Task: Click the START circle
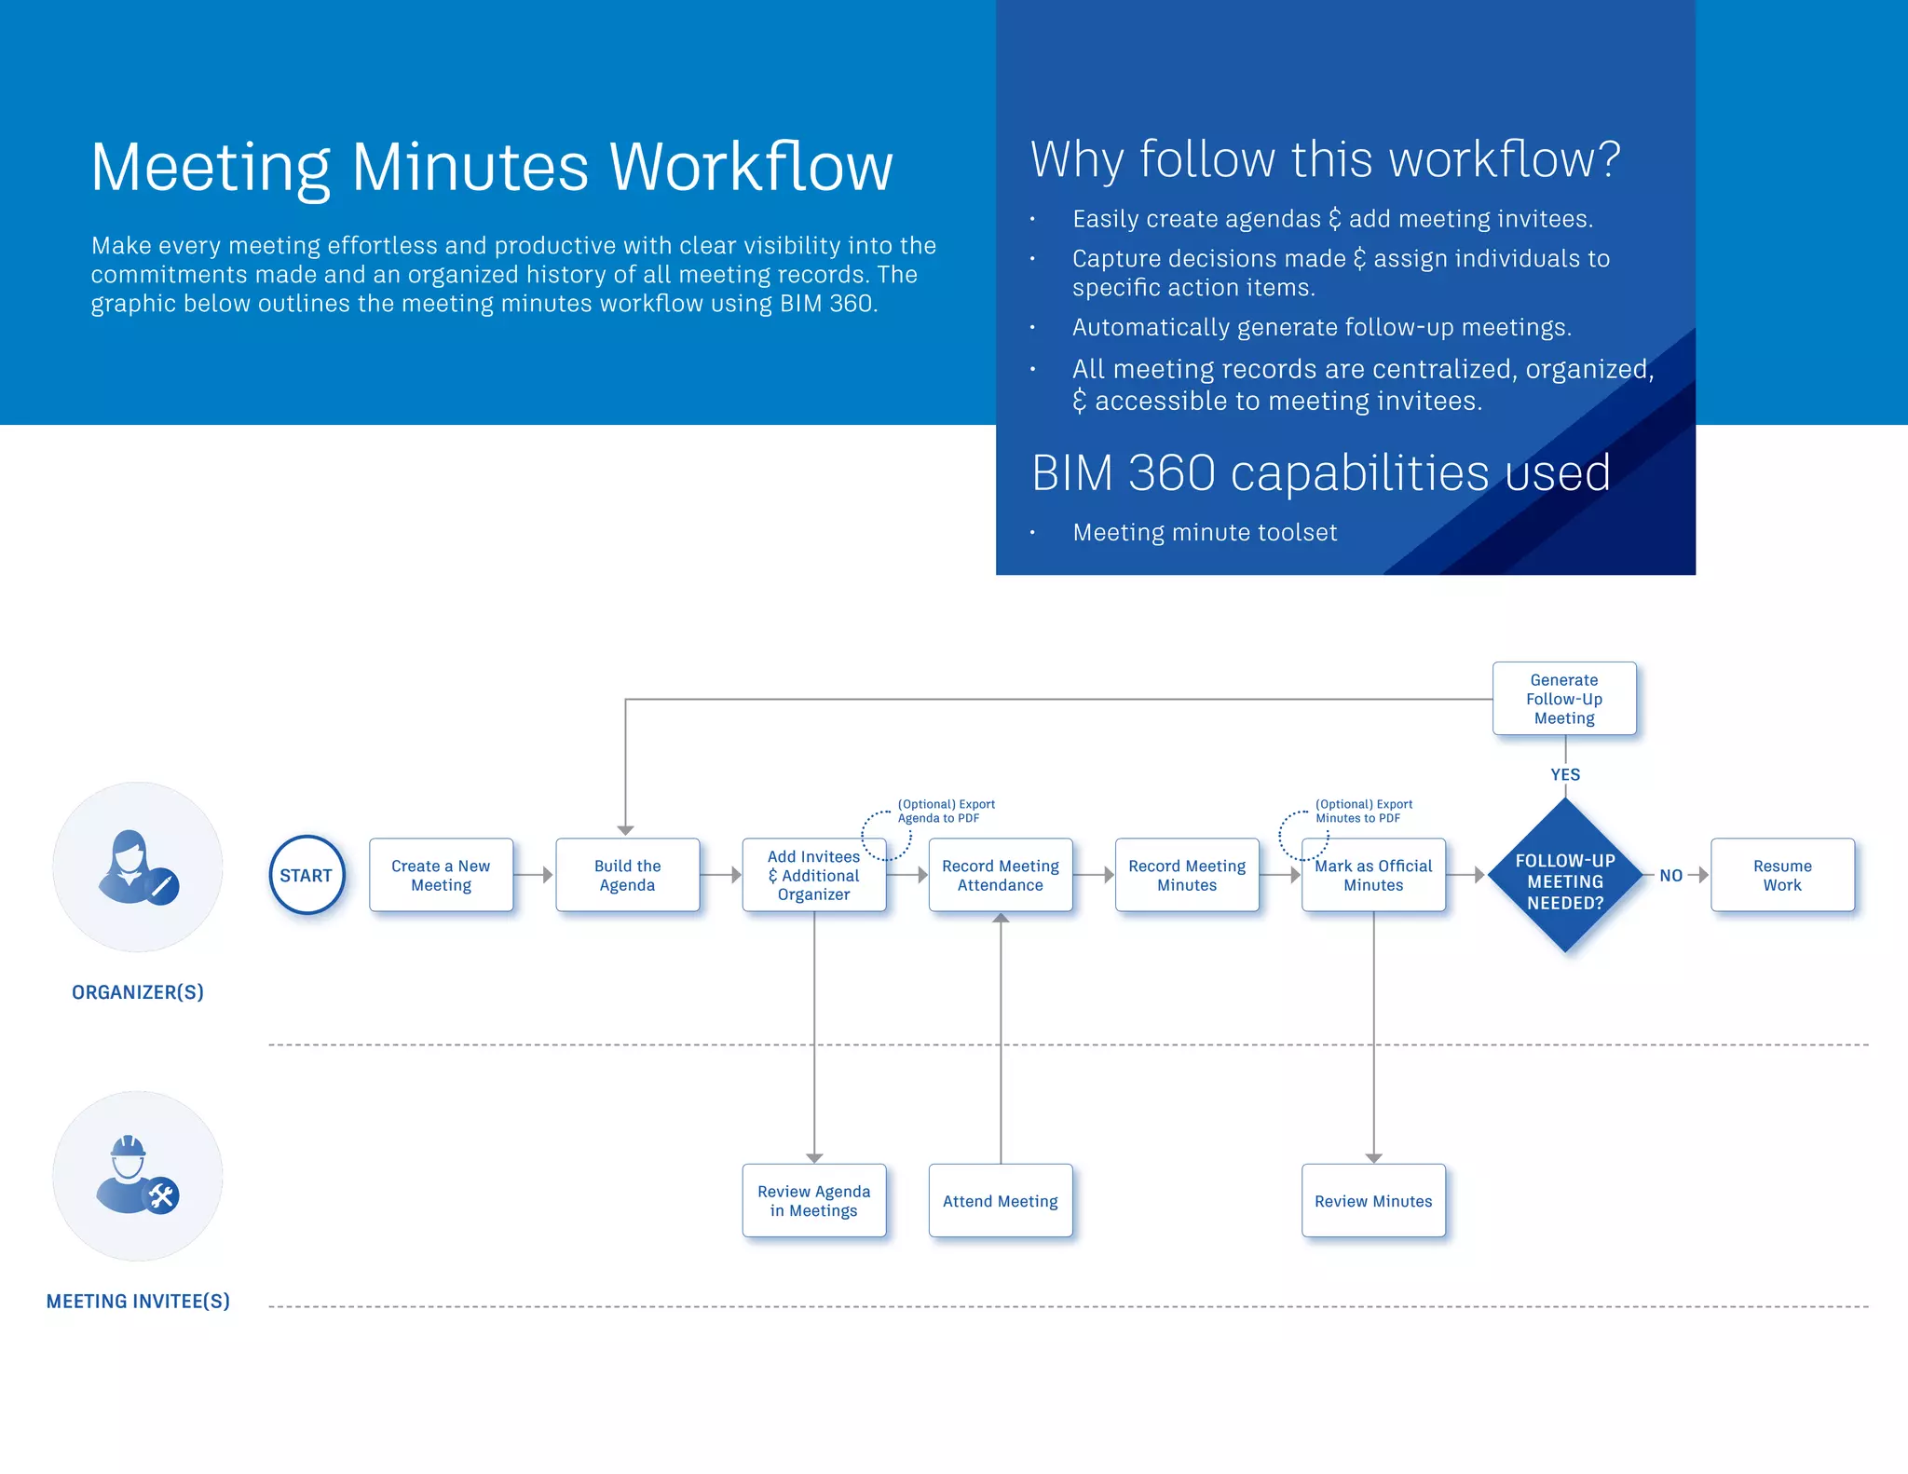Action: (x=307, y=875)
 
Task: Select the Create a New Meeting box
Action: (x=441, y=875)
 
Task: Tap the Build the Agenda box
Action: (x=627, y=875)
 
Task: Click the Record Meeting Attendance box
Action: (x=1001, y=875)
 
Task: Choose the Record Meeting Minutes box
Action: (x=1187, y=875)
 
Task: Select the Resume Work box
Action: (x=1782, y=875)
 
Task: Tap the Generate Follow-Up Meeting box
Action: (x=1564, y=699)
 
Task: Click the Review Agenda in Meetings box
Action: (x=813, y=1200)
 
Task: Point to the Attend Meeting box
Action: (x=1001, y=1200)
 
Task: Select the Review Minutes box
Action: (x=1373, y=1200)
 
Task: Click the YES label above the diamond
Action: (x=1565, y=774)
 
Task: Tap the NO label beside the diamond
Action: (x=1670, y=875)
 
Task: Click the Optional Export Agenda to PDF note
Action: (x=946, y=811)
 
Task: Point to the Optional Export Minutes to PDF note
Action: (x=1363, y=811)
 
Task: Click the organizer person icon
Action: (x=137, y=867)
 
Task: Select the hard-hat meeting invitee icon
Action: (x=137, y=1176)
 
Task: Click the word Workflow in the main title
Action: (x=751, y=168)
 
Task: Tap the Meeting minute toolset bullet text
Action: (x=1205, y=532)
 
